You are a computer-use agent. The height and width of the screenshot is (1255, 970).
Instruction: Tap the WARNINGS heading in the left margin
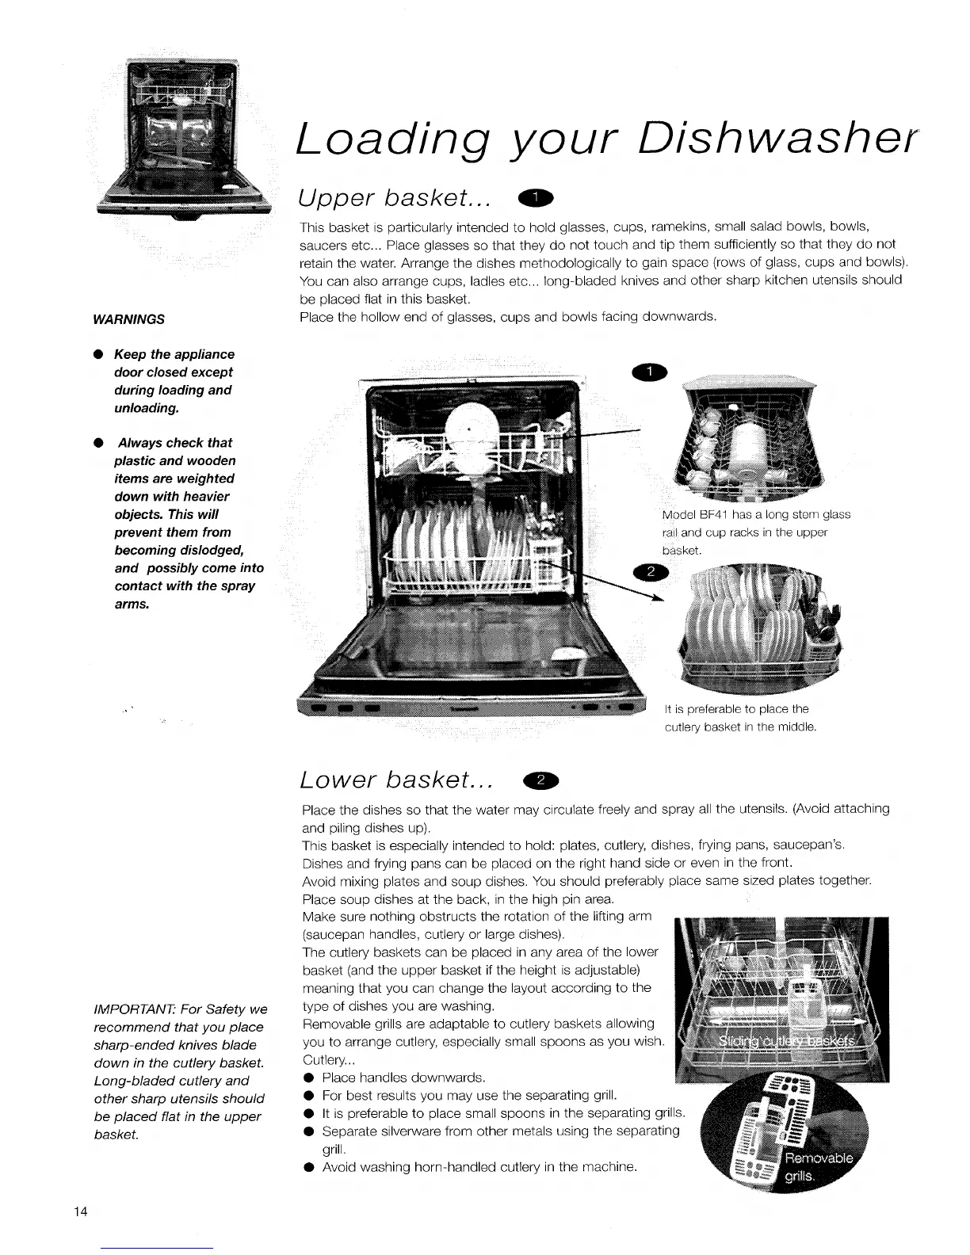coord(128,319)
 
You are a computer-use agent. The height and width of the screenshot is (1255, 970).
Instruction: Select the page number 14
coord(80,1212)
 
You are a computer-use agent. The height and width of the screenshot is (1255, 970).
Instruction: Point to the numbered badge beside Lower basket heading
coord(541,781)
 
